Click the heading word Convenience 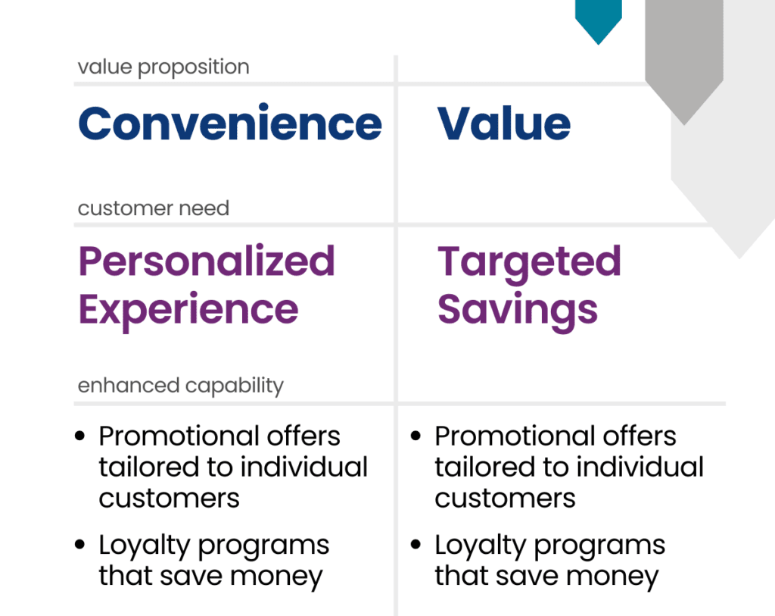point(230,124)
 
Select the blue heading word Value point(504,124)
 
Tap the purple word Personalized point(207,262)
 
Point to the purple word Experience point(188,309)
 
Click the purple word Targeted point(529,262)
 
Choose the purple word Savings point(518,309)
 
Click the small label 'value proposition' point(163,67)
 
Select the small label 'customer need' point(153,208)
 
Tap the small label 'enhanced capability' point(180,386)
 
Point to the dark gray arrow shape point(684,61)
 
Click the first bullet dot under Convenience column point(80,437)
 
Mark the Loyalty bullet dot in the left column point(80,546)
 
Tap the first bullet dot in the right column point(416,437)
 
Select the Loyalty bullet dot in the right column point(416,546)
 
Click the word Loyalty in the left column point(142,546)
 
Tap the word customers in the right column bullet point(505,498)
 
